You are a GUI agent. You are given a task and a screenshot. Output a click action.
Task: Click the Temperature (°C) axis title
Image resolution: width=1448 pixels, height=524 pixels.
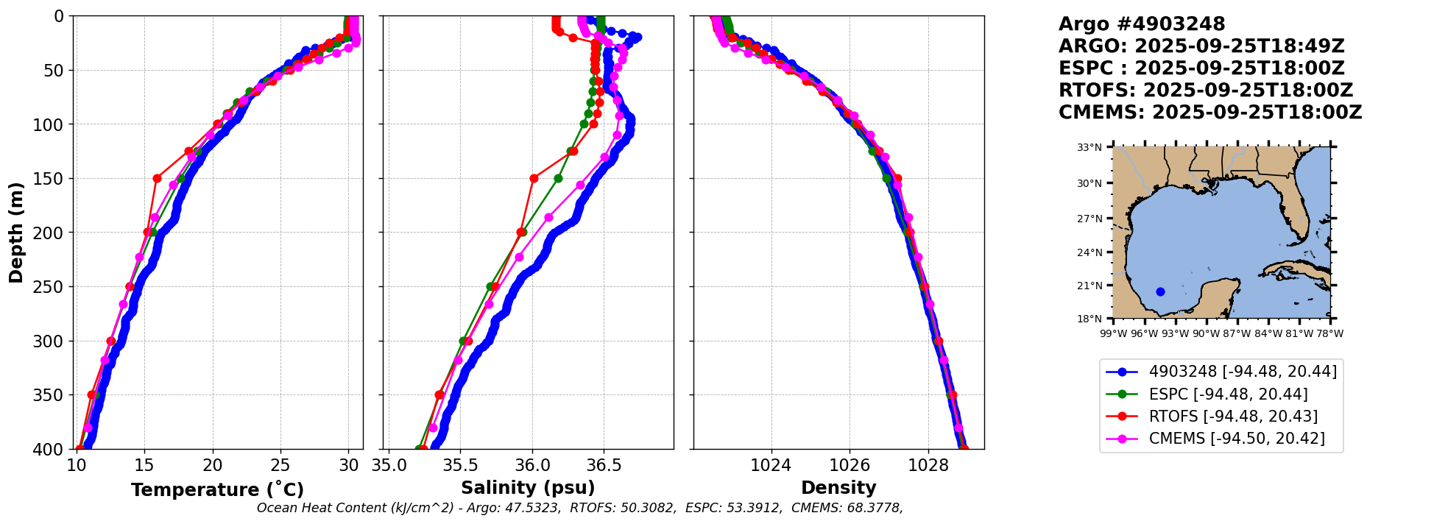coord(217,490)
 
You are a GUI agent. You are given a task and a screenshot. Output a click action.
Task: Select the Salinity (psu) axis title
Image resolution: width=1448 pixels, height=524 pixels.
coord(528,488)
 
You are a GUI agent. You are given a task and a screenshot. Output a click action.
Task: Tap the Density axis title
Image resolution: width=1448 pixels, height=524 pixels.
coord(838,488)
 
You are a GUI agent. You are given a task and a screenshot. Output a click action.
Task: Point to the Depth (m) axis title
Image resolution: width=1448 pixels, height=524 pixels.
coord(16,233)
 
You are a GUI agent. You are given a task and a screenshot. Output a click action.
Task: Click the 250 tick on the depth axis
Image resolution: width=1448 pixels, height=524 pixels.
coord(51,287)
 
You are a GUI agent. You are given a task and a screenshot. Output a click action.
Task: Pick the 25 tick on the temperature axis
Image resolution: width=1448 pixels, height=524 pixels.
coord(280,465)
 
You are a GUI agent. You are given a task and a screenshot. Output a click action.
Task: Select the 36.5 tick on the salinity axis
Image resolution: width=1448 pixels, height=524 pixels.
coord(604,465)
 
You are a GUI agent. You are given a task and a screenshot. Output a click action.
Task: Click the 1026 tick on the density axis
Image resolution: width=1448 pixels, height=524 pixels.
coord(850,465)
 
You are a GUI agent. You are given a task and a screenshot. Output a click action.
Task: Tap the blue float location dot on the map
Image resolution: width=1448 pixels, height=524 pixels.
coord(1160,291)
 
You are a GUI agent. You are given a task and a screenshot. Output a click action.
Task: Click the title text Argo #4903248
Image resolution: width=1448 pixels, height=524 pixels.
coord(1142,24)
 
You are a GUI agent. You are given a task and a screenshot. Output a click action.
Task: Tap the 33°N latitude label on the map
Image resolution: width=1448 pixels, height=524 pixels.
coord(1089,147)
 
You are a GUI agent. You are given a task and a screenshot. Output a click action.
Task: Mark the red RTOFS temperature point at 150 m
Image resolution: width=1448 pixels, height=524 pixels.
coord(157,178)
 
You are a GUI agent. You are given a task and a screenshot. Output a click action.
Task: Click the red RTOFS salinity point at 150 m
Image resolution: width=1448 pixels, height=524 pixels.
coord(534,178)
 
